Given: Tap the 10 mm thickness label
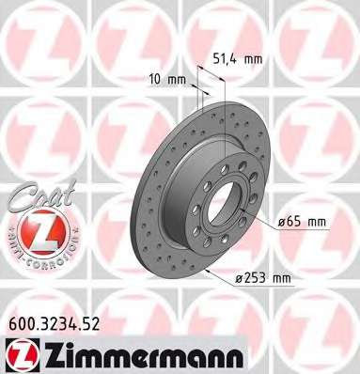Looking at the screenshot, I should pyautogui.click(x=166, y=80).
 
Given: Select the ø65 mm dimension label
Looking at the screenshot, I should pyautogui.click(x=302, y=222).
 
